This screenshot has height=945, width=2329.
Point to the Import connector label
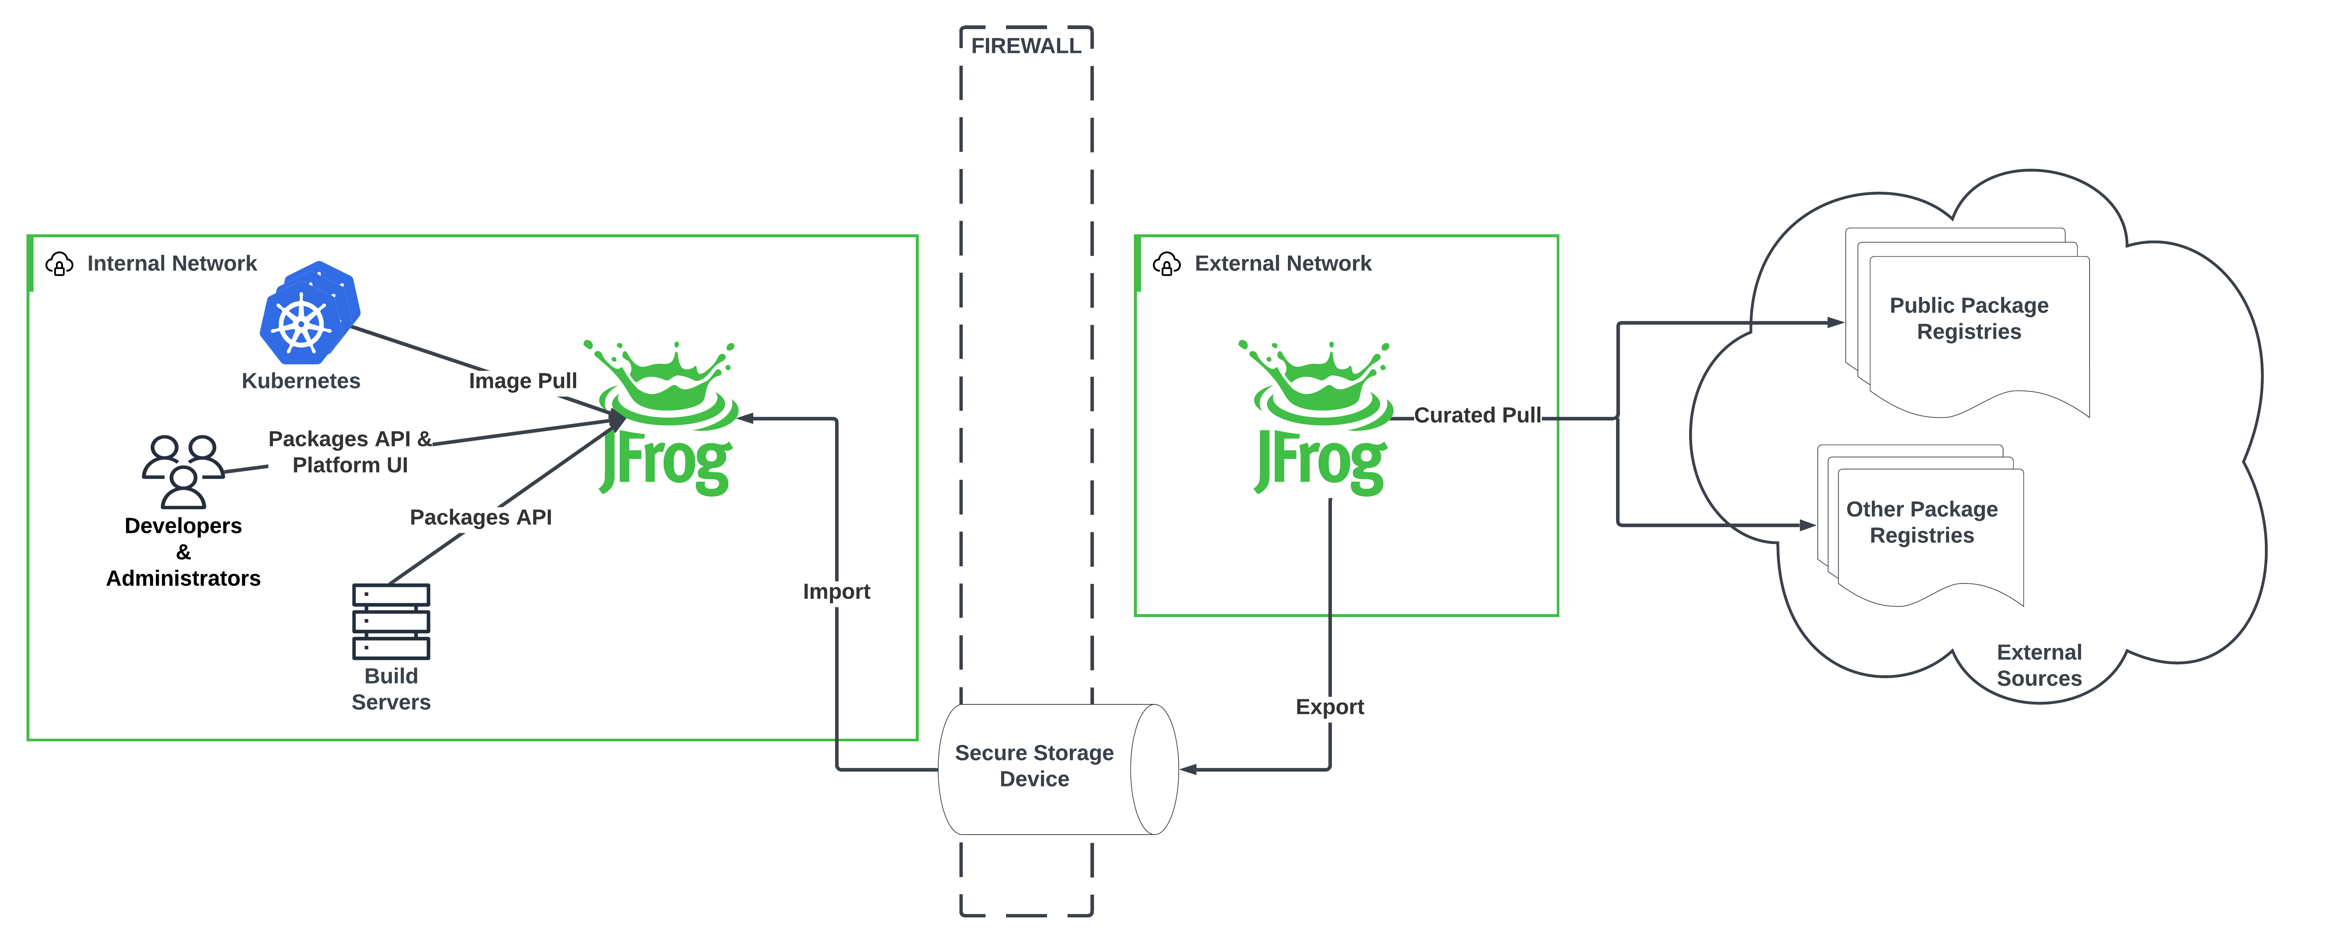point(836,591)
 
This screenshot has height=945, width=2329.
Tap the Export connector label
point(1329,706)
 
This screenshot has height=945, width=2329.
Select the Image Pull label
point(522,381)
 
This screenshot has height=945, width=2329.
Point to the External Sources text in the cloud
point(2039,665)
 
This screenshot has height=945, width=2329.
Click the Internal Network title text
point(172,263)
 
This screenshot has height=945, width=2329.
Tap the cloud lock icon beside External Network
point(1166,264)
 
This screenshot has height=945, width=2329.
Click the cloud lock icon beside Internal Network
point(59,264)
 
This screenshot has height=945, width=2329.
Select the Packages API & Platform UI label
point(350,451)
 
